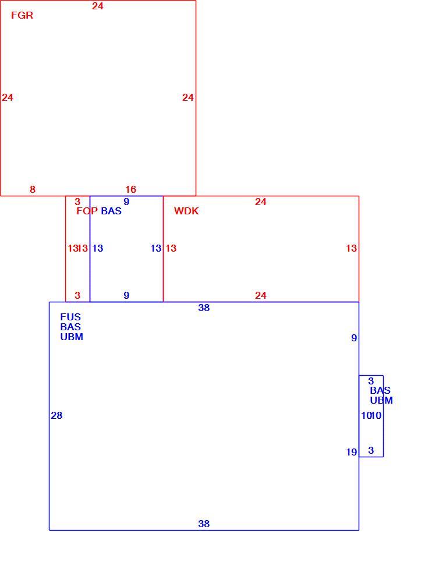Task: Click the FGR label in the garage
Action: click(x=22, y=15)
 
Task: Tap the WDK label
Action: click(x=186, y=211)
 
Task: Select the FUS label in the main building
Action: click(x=70, y=317)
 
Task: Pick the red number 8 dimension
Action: click(x=33, y=189)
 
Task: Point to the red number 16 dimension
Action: click(x=131, y=189)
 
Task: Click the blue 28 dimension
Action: click(x=56, y=415)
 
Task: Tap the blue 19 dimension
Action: click(x=352, y=452)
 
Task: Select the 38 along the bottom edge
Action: click(x=204, y=524)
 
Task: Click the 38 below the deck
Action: click(x=204, y=308)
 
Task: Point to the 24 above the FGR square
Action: click(x=98, y=6)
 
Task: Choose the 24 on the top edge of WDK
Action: click(x=261, y=202)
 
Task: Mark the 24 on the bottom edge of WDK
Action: click(x=261, y=295)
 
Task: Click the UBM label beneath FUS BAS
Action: click(x=72, y=337)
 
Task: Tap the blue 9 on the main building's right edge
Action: click(x=354, y=338)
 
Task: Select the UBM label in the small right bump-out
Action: click(x=381, y=400)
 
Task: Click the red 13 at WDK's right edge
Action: click(x=352, y=248)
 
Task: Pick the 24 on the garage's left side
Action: click(x=8, y=97)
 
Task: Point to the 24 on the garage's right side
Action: click(x=188, y=97)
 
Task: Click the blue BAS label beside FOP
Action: click(x=111, y=211)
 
